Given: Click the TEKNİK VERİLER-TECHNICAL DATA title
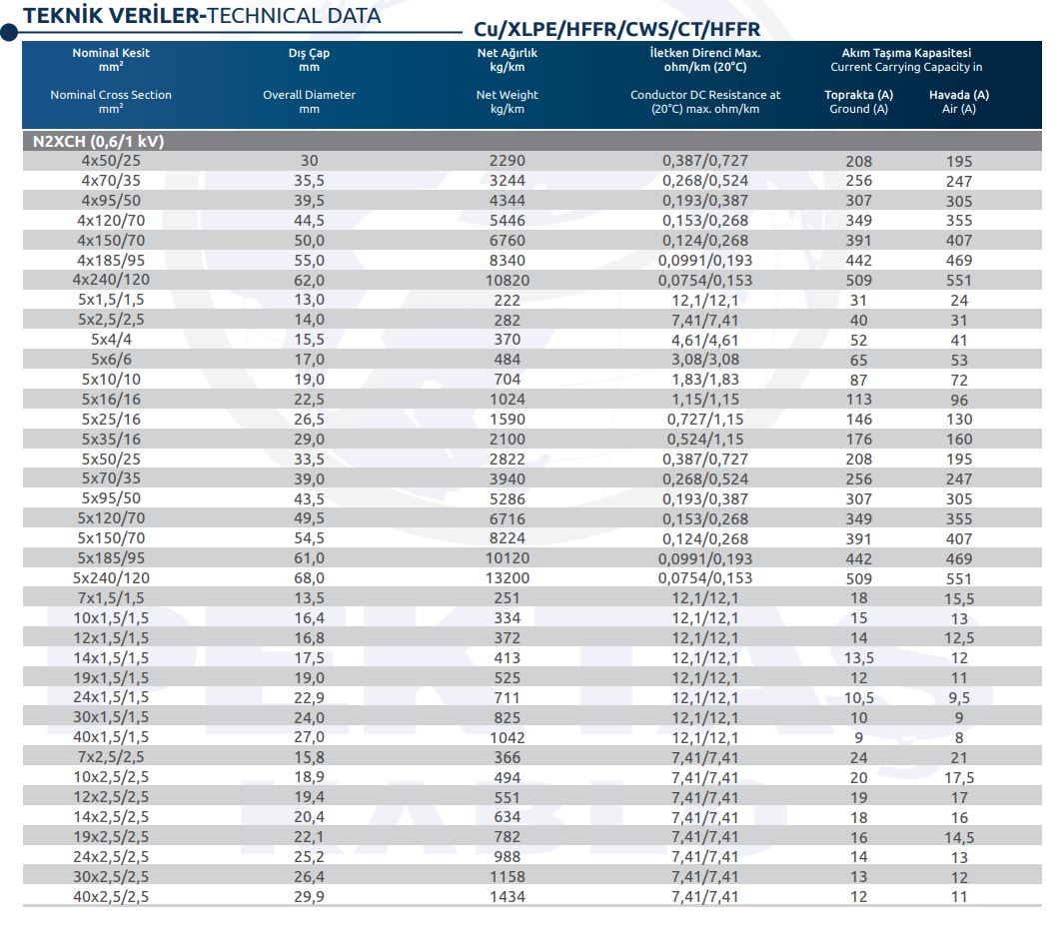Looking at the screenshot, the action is (x=202, y=16).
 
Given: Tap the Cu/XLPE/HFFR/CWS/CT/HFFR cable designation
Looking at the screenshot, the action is (x=617, y=29).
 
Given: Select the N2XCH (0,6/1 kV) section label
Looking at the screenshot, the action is (x=99, y=141).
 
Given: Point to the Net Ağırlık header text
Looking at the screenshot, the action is (x=507, y=53).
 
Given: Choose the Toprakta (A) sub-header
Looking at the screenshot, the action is (x=858, y=95).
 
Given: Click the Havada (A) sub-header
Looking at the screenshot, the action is (x=959, y=95).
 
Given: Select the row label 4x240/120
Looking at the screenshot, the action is (x=111, y=280).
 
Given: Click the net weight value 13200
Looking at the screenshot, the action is (x=507, y=578).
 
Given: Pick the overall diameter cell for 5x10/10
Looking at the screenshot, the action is (x=310, y=380).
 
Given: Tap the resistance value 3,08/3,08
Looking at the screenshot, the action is (x=705, y=360).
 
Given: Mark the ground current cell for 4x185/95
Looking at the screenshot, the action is (x=858, y=261).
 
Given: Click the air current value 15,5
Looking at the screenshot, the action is (x=959, y=598).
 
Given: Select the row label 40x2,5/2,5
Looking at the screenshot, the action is (x=111, y=897).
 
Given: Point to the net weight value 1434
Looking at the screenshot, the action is (x=507, y=897).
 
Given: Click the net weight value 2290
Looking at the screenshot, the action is (x=507, y=161).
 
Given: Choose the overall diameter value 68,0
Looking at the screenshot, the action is (x=310, y=578).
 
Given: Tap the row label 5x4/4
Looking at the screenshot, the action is (x=111, y=340).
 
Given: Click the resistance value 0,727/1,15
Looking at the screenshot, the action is (x=705, y=420).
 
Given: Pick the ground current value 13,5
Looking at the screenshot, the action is (x=858, y=658).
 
